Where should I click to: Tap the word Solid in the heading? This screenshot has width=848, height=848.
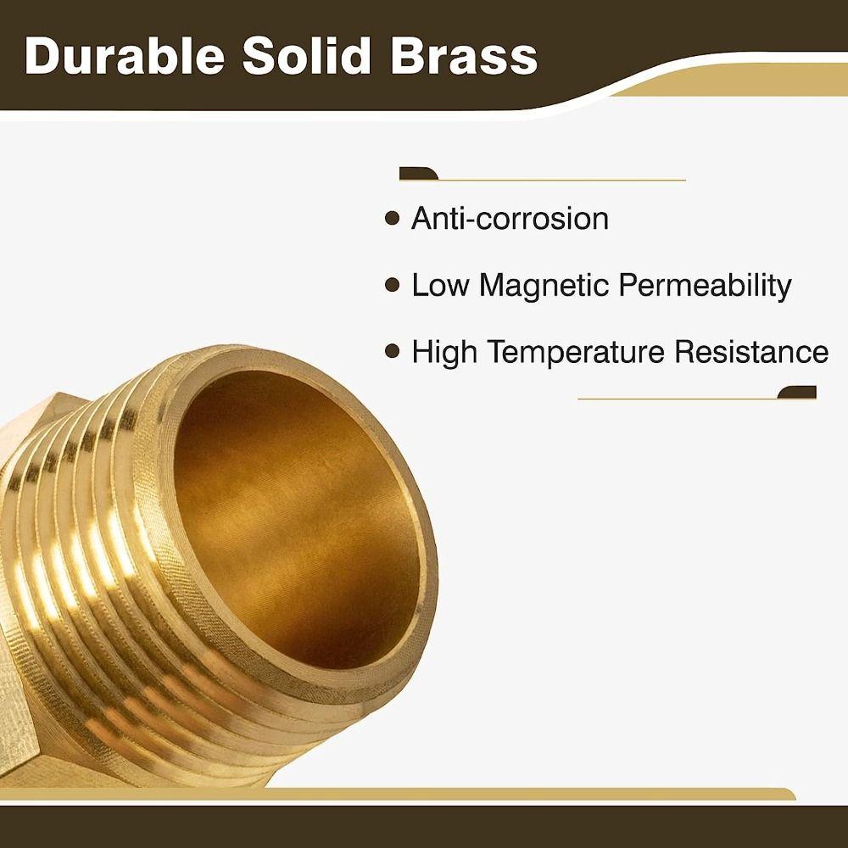[x=308, y=55]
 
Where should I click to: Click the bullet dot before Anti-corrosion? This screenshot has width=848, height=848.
[x=392, y=219]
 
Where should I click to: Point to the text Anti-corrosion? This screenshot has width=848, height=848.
[x=510, y=219]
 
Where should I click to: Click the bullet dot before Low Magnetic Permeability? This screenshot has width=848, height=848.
[x=392, y=285]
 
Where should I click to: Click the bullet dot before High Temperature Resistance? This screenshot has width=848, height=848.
[x=392, y=350]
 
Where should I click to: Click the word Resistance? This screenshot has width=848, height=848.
[x=750, y=351]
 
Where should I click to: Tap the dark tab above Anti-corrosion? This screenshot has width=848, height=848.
[x=418, y=175]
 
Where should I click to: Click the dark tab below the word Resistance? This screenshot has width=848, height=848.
[x=798, y=393]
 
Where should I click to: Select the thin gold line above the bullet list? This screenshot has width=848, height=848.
[x=560, y=180]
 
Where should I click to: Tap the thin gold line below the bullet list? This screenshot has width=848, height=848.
[x=678, y=398]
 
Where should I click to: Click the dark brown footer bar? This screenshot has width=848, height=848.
[x=424, y=826]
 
